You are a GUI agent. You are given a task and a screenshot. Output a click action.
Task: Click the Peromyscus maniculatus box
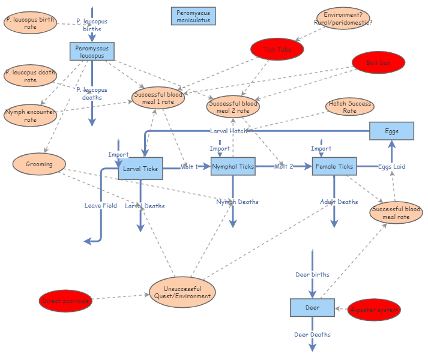point(193,16)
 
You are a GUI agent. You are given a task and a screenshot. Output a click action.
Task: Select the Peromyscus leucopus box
point(92,52)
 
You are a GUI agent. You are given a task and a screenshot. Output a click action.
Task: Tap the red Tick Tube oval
point(277,50)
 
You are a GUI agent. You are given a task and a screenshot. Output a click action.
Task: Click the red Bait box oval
point(378,62)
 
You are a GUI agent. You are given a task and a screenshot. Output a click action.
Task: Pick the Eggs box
point(391,131)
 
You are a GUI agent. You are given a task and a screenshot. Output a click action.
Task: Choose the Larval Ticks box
point(140,169)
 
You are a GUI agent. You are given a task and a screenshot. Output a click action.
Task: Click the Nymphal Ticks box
point(233,166)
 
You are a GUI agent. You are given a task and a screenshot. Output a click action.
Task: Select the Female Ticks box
point(334,166)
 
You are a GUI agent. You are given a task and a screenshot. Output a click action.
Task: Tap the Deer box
point(312,307)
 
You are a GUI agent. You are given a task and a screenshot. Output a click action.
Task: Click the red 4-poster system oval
point(374,310)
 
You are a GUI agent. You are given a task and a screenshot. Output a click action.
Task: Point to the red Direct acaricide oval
point(66,301)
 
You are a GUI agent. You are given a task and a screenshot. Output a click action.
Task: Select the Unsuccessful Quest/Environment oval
point(182,292)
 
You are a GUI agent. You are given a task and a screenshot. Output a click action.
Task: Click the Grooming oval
point(39,164)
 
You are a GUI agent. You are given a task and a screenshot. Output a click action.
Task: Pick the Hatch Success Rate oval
point(349,107)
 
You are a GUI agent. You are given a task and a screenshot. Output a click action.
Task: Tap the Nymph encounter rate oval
point(30,115)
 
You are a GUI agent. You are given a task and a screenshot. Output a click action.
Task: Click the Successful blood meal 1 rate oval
point(158,98)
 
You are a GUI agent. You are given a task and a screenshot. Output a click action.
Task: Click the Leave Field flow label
point(101,205)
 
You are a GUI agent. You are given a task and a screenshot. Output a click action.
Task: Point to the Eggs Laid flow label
point(392,166)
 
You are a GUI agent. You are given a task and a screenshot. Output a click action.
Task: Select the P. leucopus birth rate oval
point(30,23)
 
